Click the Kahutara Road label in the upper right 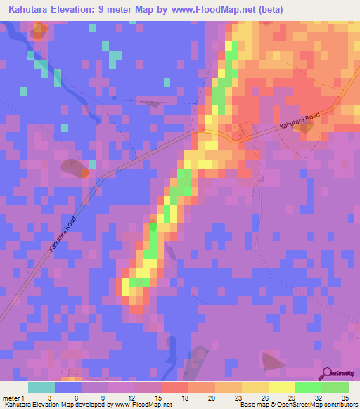coord(300,119)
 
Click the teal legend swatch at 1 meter coord(41,387)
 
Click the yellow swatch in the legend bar coord(281,387)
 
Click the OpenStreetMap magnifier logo coord(328,373)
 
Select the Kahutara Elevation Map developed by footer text coord(49,405)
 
